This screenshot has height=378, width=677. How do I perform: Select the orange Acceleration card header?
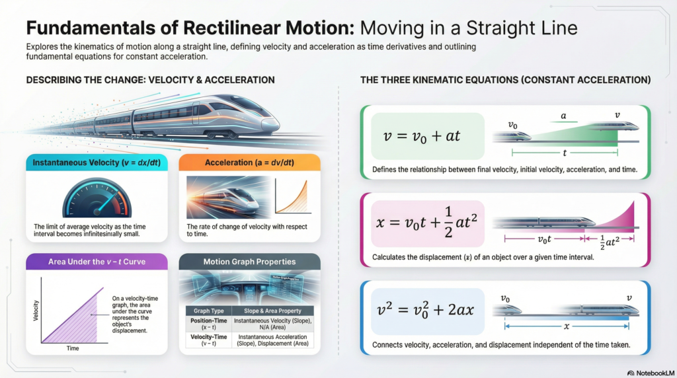(249, 163)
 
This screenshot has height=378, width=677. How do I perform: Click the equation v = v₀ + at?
(422, 137)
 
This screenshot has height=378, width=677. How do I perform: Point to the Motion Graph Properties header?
(249, 262)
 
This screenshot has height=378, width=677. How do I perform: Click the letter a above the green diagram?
(563, 116)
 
